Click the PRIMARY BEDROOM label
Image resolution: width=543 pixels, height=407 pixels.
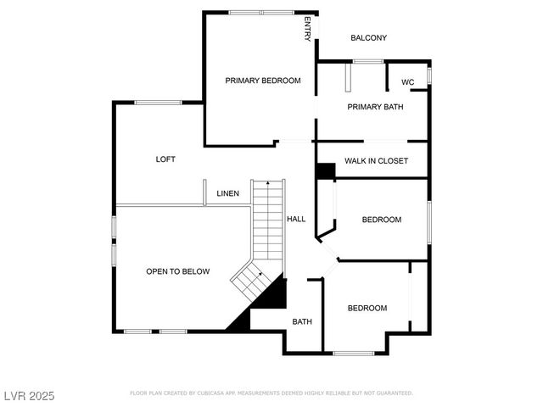pos(262,81)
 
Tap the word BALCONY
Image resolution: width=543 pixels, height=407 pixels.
pos(368,37)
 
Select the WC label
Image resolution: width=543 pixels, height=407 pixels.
pos(407,82)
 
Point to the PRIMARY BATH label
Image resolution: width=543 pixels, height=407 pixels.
pos(374,107)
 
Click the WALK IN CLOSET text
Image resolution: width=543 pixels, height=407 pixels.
pos(376,160)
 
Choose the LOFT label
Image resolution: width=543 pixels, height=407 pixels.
pos(165,159)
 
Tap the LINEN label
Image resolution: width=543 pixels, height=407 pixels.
pos(227,193)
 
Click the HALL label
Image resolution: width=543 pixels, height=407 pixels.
pos(296,219)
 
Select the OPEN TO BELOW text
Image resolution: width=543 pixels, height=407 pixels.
pos(177,271)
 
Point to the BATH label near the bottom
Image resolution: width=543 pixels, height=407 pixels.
pos(302,321)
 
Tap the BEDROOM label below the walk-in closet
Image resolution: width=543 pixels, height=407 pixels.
pos(381,220)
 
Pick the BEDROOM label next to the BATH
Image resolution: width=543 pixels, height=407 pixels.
pos(367,308)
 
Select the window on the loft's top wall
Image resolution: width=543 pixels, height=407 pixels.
pos(157,103)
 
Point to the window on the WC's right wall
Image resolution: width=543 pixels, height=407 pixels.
pos(429,75)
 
